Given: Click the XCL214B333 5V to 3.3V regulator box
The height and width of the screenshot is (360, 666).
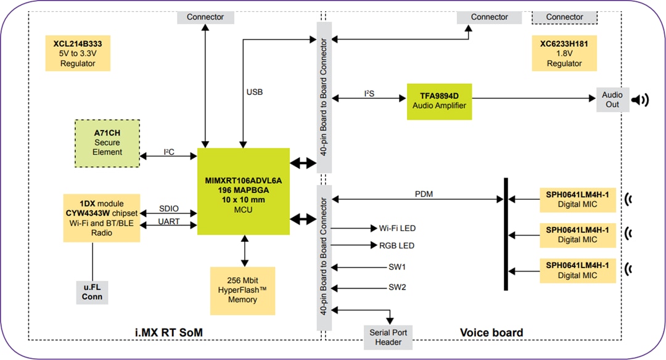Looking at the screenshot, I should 78,54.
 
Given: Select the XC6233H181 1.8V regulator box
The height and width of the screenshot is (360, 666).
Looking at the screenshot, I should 564,54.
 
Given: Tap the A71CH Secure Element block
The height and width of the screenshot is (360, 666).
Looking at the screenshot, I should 107,142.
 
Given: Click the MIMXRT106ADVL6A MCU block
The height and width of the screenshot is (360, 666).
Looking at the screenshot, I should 243,191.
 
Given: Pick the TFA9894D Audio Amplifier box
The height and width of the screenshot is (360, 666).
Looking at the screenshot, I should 439,101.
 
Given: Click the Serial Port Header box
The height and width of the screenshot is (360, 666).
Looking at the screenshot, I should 388,337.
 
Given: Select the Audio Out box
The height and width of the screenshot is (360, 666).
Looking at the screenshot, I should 612,100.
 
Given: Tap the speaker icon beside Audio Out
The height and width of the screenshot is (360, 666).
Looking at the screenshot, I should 642,100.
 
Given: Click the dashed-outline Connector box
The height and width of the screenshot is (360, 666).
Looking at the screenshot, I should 564,17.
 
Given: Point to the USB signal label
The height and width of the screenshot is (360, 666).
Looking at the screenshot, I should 254,92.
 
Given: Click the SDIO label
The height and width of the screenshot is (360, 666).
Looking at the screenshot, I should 168,208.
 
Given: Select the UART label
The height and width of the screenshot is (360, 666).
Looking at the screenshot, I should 168,221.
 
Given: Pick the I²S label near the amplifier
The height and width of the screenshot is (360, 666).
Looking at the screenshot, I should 369,94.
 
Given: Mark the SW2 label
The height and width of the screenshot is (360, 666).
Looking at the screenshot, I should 397,287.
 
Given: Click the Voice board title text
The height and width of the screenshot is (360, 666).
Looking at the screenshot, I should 491,332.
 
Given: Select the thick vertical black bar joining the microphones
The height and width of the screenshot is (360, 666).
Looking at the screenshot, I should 506,234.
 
